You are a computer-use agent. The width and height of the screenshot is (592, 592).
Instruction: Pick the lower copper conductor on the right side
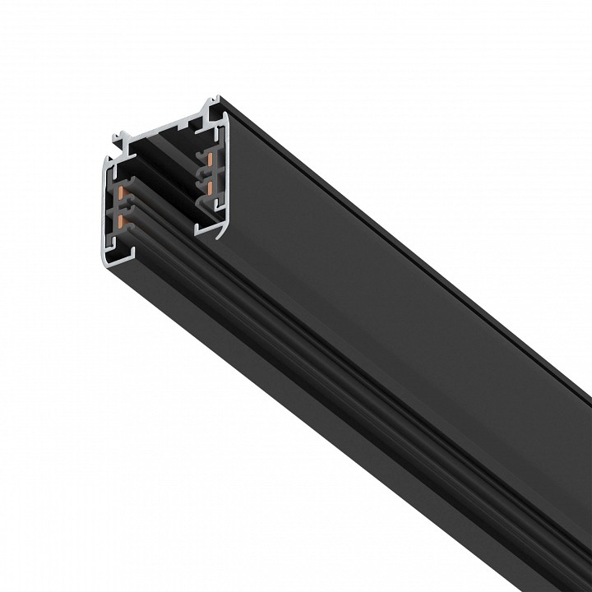211,187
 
